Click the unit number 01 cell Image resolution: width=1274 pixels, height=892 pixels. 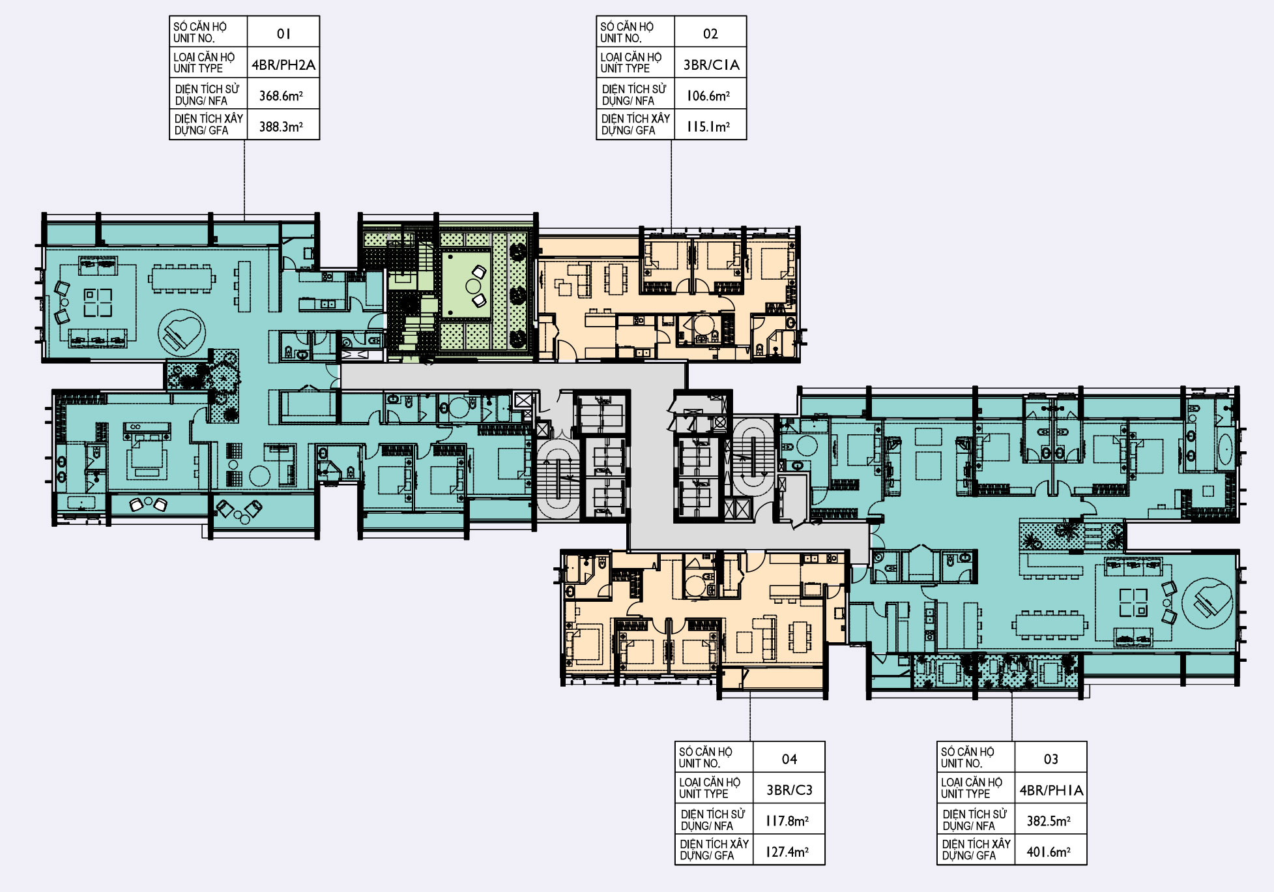tap(283, 34)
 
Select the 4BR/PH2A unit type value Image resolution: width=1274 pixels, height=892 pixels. tap(283, 65)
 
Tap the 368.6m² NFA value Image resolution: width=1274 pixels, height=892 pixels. tap(282, 96)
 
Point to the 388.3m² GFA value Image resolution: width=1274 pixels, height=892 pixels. tap(282, 126)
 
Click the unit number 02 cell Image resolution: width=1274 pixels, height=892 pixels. tap(710, 34)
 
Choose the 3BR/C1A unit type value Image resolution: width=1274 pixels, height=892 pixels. tap(711, 65)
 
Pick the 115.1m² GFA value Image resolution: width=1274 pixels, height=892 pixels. tap(708, 126)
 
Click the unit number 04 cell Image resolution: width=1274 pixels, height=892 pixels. tap(789, 759)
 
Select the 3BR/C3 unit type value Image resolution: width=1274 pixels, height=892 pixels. tap(789, 790)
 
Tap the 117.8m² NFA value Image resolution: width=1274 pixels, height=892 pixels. tap(787, 821)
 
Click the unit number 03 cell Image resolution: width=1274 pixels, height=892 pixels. tap(1051, 759)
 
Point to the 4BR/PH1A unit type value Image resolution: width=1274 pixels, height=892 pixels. tap(1051, 790)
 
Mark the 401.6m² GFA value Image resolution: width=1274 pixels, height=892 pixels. tap(1049, 852)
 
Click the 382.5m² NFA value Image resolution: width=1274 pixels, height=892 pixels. tap(1049, 821)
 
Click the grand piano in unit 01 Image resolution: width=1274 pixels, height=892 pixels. tap(182, 333)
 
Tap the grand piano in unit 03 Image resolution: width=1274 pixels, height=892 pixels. tap(1208, 603)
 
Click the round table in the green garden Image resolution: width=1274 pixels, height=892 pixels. tap(472, 285)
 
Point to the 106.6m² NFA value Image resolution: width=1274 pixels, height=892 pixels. tap(708, 96)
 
